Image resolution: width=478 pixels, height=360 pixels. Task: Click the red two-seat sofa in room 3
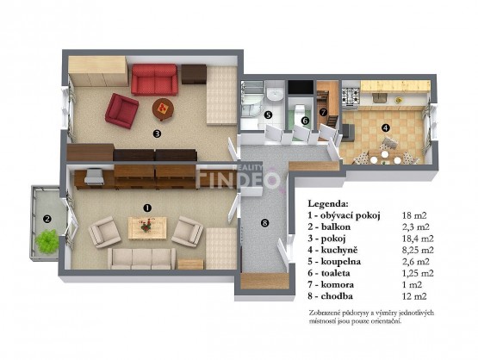pos(154,79)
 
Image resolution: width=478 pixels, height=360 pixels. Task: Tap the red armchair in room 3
pos(121,110)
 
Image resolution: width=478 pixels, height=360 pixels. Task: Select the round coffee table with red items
pos(163,109)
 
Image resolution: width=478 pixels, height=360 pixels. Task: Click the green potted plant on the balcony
pos(47,241)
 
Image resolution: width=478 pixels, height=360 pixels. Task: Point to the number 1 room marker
pos(147,208)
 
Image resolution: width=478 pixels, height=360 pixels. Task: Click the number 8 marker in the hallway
pos(264,223)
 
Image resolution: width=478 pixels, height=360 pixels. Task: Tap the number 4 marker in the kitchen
pos(386,127)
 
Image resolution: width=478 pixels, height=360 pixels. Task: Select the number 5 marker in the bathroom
pos(268,115)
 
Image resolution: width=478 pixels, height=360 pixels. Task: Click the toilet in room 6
pos(300,109)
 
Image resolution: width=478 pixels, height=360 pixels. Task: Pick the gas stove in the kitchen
pos(351,95)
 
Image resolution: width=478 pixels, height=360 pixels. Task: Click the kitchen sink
pos(379,98)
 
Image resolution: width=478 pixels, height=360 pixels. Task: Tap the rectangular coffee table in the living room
pos(147,228)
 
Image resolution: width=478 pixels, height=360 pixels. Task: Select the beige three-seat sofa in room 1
pos(142,258)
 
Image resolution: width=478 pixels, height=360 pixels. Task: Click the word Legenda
pos(328,203)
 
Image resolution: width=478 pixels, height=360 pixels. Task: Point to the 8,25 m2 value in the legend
pos(418,250)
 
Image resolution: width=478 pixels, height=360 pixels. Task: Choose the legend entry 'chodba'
pos(337,296)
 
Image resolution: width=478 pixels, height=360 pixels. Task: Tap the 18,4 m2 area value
pos(418,239)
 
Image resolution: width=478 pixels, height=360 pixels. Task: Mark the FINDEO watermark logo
pos(238,178)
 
